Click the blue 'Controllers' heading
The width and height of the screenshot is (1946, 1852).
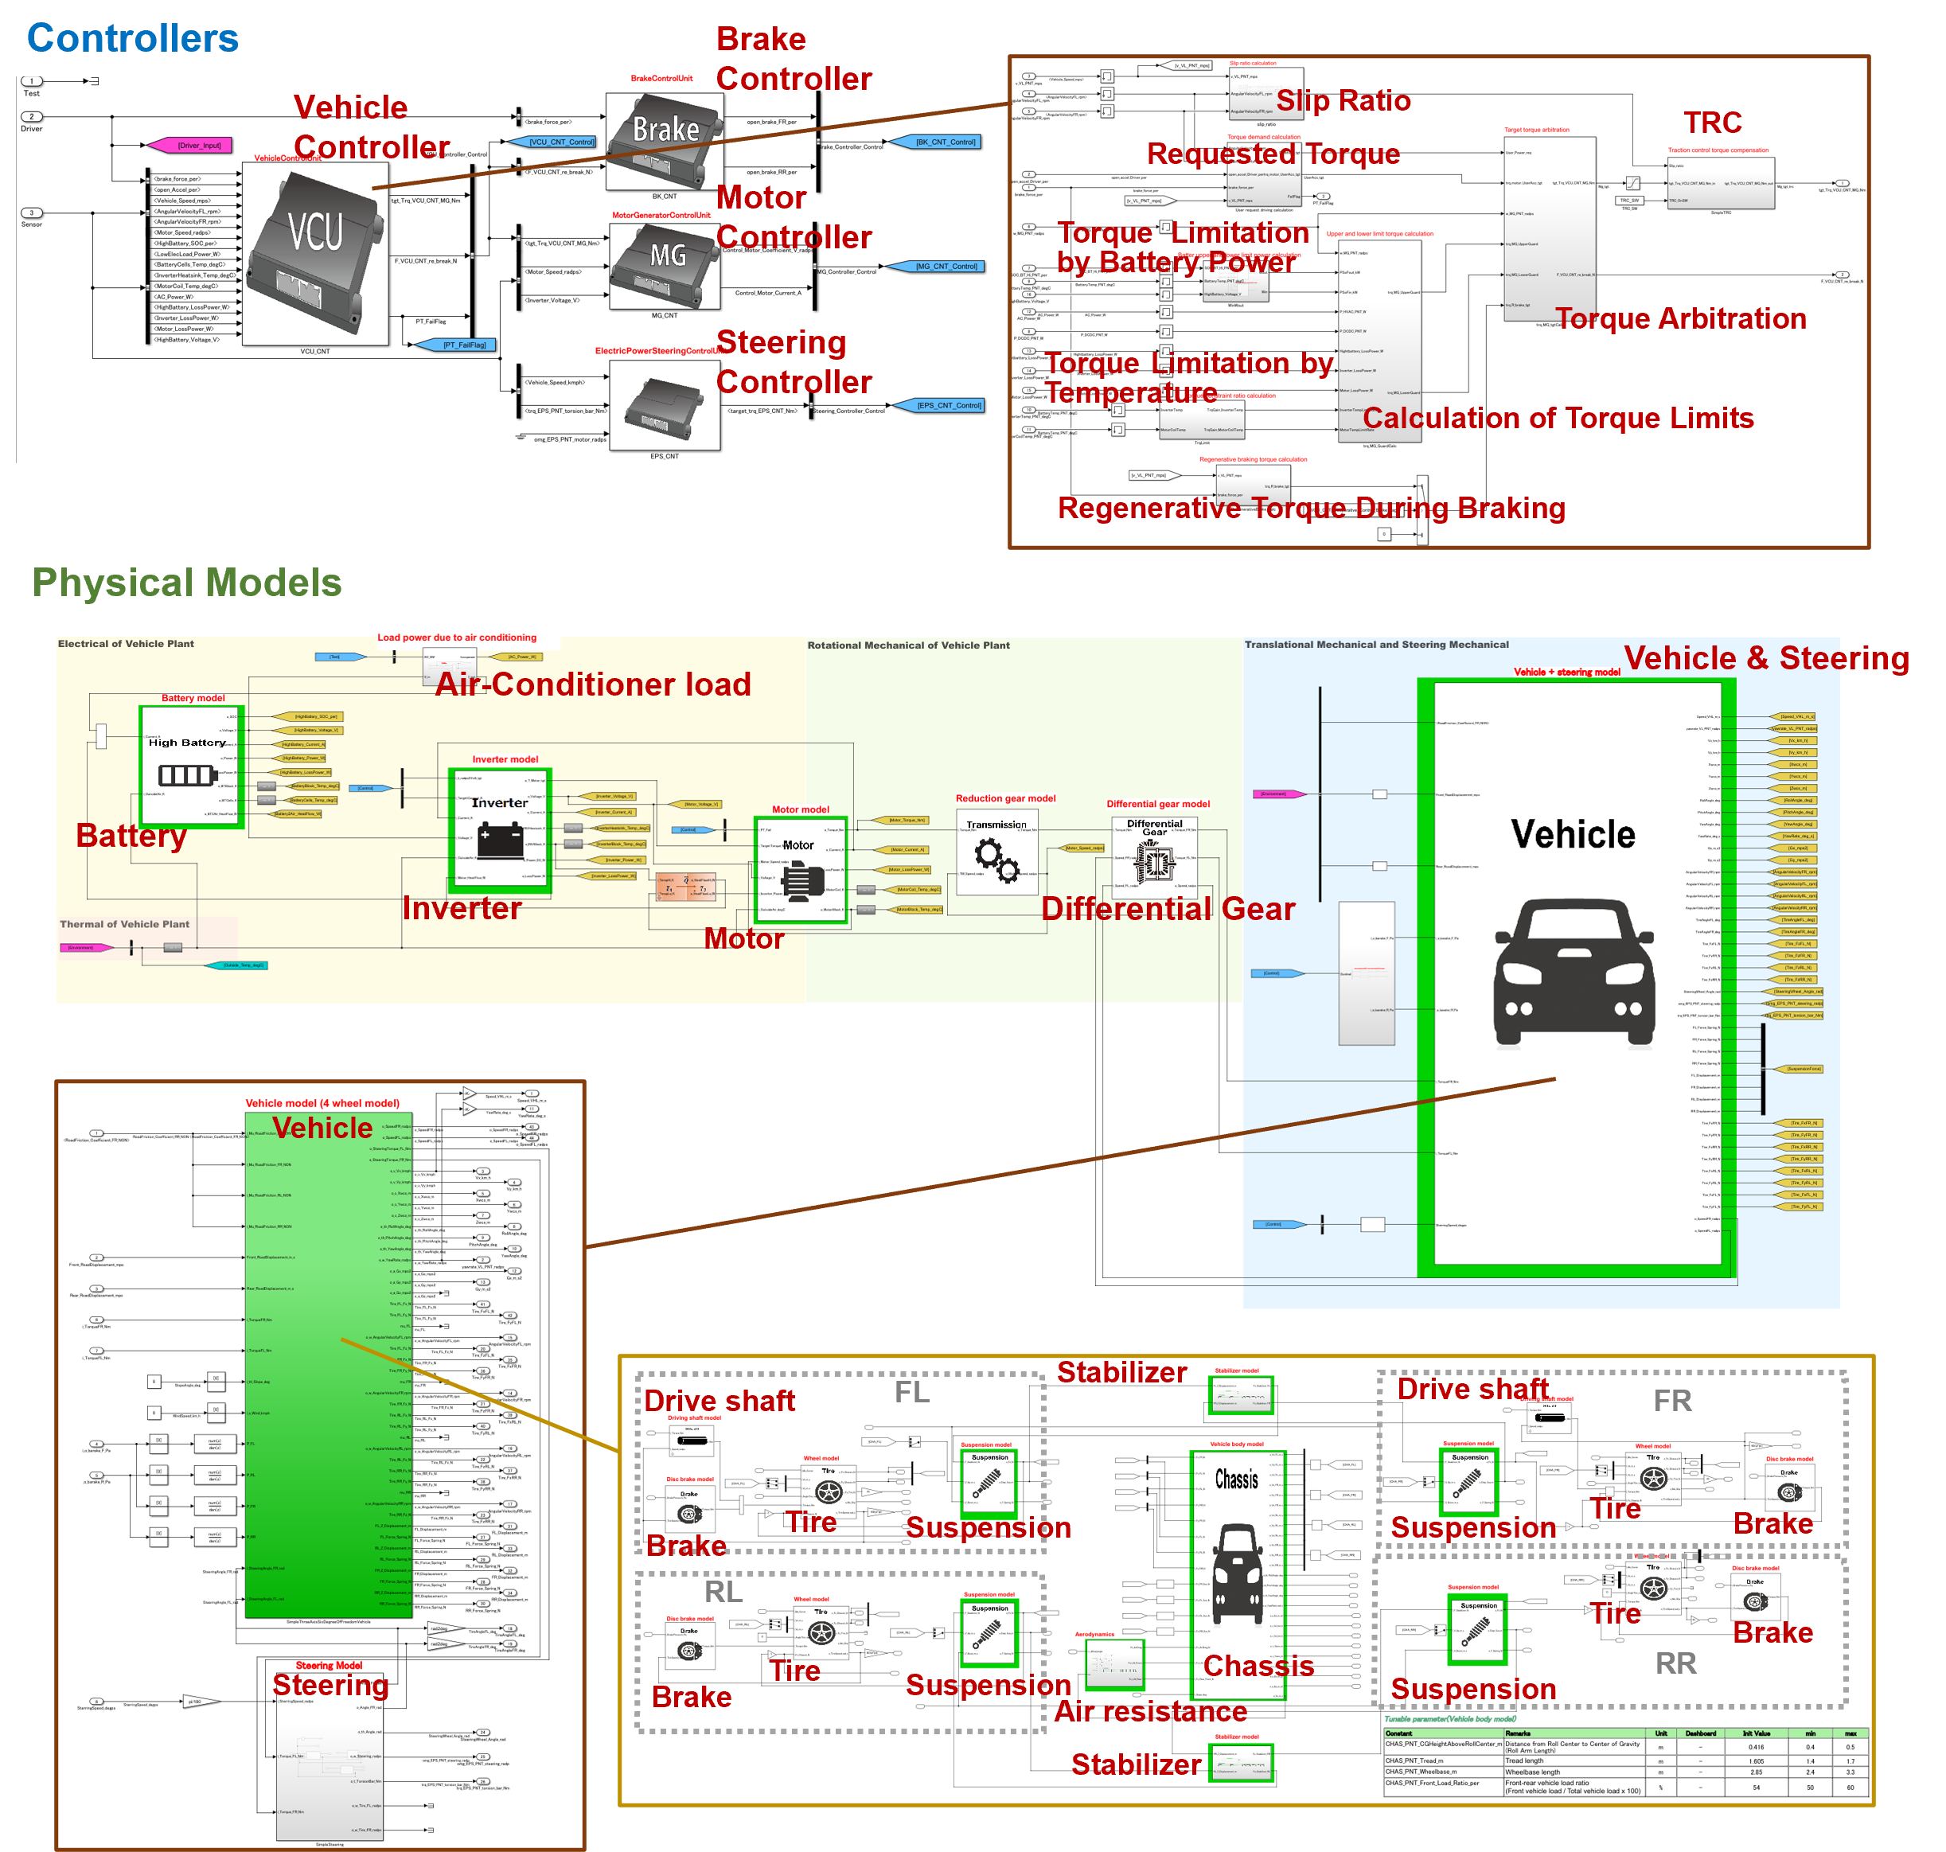[132, 38]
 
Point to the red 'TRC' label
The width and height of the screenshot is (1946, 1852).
[1712, 123]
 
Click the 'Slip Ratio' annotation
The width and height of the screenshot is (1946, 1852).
[1343, 101]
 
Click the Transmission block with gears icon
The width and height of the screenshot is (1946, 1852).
[996, 851]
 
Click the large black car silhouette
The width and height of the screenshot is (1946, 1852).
[1574, 972]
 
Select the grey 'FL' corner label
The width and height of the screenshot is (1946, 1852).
[911, 1392]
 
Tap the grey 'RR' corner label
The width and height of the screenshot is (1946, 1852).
[1675, 1663]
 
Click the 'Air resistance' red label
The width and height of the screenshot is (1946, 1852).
[1150, 1711]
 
